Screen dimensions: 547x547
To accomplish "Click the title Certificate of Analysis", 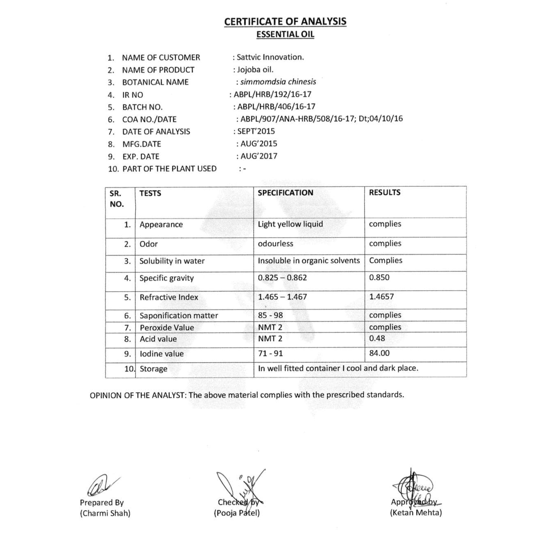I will click(285, 22).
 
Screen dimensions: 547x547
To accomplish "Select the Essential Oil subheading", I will click(285, 35).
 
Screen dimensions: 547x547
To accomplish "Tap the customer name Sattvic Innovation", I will click(270, 57).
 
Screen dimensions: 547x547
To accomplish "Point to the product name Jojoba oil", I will click(255, 70).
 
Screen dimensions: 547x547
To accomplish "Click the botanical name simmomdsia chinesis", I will click(278, 82).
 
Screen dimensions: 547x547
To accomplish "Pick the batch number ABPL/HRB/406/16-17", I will click(276, 107).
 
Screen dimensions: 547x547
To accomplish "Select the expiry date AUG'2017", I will click(259, 156).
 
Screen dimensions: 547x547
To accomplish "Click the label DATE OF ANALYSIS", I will click(156, 132).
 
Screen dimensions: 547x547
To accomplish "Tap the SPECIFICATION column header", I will click(285, 193).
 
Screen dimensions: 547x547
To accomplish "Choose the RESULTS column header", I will click(385, 193).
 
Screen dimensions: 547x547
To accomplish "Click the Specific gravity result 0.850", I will click(379, 277).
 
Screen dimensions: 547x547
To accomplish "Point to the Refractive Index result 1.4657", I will click(381, 297).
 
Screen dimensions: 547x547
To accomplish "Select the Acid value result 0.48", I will click(377, 338).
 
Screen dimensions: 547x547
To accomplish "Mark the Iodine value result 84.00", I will click(379, 353).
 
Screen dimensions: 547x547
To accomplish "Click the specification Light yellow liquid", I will click(290, 224).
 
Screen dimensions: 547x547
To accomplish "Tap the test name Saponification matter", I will click(179, 315).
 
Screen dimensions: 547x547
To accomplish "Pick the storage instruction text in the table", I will click(338, 368).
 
